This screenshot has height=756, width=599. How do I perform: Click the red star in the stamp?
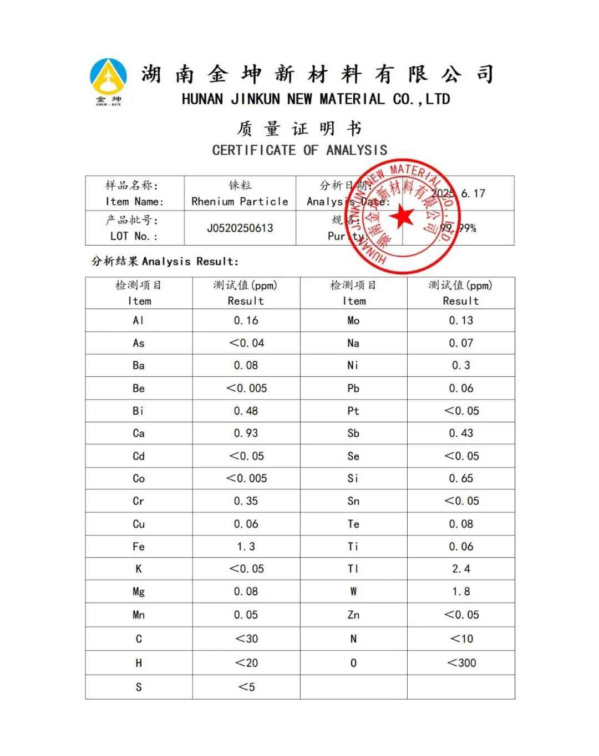(x=402, y=216)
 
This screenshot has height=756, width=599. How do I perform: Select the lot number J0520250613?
(x=240, y=228)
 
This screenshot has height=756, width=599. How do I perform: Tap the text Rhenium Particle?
(x=240, y=201)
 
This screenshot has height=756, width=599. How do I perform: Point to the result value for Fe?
(x=246, y=546)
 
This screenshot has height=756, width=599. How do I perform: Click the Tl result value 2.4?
(x=461, y=569)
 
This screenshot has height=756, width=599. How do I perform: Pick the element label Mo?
(x=353, y=320)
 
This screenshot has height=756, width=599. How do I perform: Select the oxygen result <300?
(x=461, y=663)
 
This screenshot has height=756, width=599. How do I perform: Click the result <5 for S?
(x=246, y=687)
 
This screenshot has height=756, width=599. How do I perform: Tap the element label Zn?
(x=353, y=615)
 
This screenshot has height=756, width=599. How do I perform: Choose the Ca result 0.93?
(x=246, y=433)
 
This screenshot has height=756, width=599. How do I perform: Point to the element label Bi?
(x=138, y=411)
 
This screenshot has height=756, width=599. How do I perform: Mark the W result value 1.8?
(x=461, y=591)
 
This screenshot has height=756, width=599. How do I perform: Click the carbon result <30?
(x=246, y=638)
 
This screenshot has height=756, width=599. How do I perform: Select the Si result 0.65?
(x=461, y=478)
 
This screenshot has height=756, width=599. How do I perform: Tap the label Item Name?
(x=134, y=202)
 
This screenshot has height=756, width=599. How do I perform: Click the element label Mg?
(x=138, y=591)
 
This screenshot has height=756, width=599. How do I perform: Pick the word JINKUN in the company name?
(x=255, y=100)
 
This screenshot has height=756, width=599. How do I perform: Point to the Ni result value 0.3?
(x=461, y=365)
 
